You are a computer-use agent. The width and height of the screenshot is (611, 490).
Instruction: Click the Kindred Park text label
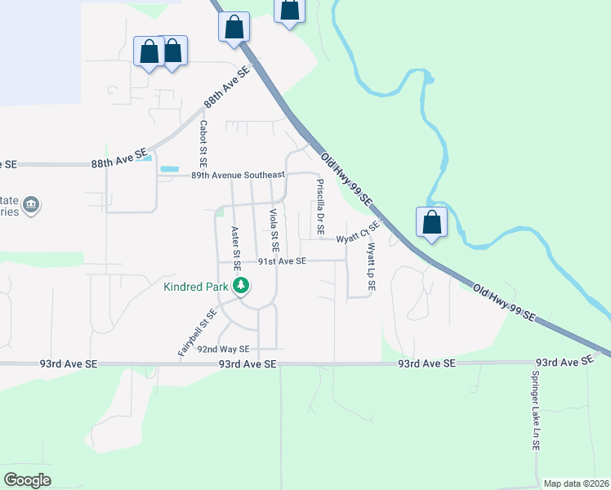[196, 287]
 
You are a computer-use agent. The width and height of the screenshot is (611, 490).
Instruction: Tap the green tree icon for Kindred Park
[241, 286]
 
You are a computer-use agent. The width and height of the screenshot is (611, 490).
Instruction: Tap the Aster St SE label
[236, 247]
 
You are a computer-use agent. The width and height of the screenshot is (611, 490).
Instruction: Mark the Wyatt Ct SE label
[359, 233]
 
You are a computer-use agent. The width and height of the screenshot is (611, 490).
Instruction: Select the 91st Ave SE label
[282, 261]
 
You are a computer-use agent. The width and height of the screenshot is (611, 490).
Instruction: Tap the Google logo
[27, 479]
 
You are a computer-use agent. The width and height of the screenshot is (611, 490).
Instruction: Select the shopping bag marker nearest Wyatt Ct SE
[431, 223]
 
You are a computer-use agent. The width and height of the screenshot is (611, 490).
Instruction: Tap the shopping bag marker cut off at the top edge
[289, 10]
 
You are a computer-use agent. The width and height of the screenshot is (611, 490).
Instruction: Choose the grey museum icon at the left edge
[31, 204]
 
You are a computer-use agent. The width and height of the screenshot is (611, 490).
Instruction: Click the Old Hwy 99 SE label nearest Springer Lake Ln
[504, 301]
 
